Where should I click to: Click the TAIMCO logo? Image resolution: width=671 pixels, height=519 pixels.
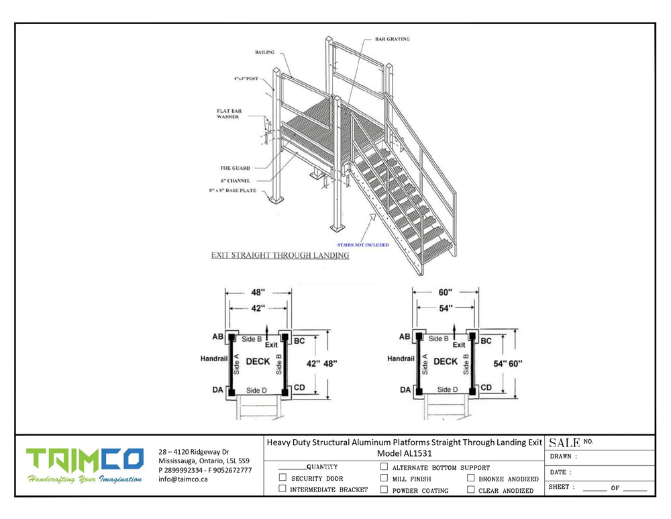coord(85,459)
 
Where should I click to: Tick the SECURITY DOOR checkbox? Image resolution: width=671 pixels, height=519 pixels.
coord(282,478)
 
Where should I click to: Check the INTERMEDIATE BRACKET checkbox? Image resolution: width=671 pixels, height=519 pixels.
coord(282,489)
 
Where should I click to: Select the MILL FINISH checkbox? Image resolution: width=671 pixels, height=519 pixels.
coord(384,478)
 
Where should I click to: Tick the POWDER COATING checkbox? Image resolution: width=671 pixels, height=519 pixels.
coord(384,489)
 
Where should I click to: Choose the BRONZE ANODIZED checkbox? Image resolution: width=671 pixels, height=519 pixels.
coord(470,478)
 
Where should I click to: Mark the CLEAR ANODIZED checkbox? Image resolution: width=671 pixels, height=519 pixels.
coord(470,489)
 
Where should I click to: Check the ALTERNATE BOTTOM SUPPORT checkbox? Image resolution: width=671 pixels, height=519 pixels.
coord(384,467)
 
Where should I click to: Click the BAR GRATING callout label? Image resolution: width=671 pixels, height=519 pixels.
coord(393,39)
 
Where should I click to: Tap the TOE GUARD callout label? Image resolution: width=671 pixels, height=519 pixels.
coord(234,168)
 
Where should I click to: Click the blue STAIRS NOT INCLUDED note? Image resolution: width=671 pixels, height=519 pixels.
coord(362,245)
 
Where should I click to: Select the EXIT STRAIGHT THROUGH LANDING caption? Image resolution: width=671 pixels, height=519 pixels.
coord(280,256)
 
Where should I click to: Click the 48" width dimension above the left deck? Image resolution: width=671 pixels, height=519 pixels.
coord(258,293)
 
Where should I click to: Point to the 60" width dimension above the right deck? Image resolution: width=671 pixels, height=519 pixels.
coord(445,293)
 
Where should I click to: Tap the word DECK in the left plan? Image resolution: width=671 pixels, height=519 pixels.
coord(258,361)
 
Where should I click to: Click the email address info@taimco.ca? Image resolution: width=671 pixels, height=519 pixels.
coord(183,479)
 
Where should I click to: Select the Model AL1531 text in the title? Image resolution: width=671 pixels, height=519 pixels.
coord(405,453)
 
